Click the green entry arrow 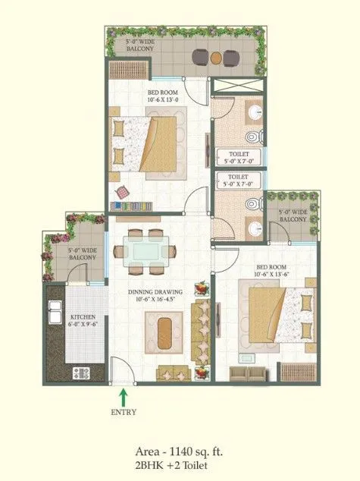[124, 395]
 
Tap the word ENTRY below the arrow [124, 413]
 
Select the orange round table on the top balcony [216, 56]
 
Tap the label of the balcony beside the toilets [293, 215]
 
